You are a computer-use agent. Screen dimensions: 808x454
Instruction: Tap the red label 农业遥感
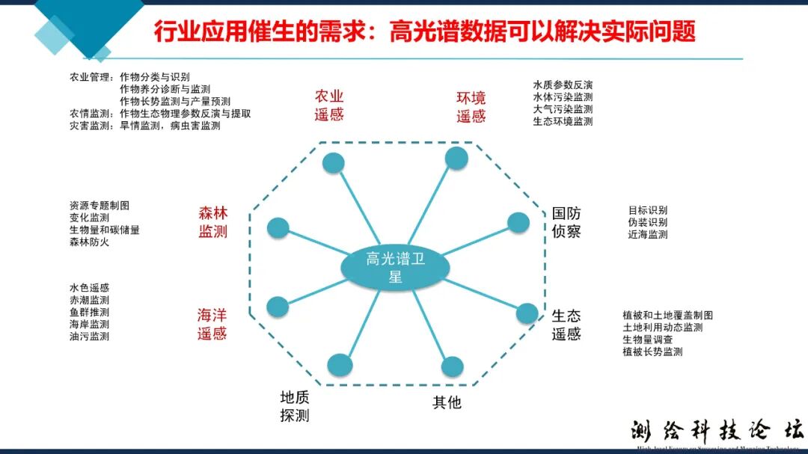click(329, 105)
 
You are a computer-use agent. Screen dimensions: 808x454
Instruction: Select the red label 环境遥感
click(471, 107)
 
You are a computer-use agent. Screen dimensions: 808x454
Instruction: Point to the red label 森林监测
click(212, 222)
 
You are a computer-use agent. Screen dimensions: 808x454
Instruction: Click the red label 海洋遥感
click(212, 325)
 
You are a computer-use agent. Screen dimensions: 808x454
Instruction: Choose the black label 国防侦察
click(566, 222)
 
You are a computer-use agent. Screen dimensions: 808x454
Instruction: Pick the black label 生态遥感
click(566, 325)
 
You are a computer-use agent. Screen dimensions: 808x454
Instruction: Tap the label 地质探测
click(295, 406)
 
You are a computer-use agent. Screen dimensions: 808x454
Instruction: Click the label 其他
click(447, 402)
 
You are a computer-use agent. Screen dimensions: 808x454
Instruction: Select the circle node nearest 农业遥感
click(332, 163)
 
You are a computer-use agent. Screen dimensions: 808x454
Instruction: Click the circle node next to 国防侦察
click(518, 223)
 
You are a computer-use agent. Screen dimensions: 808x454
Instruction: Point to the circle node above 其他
click(453, 366)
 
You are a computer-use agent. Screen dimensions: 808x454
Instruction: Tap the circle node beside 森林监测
click(278, 228)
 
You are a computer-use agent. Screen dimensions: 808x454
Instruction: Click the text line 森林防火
click(89, 242)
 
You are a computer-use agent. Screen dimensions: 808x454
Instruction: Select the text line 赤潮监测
click(89, 300)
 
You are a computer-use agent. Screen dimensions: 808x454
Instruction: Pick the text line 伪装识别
click(648, 222)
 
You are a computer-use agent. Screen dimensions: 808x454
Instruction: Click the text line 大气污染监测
click(563, 109)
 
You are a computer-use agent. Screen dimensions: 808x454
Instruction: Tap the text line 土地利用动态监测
click(662, 328)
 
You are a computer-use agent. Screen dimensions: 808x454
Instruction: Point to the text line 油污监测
click(89, 337)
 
